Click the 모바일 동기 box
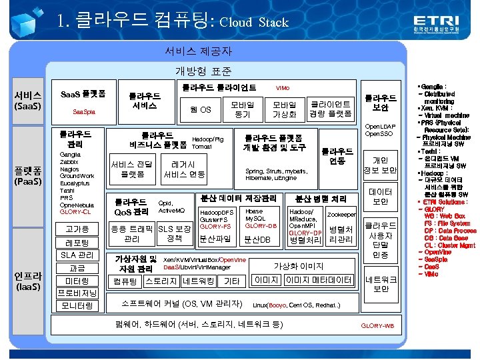(x=242, y=109)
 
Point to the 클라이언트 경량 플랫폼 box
(x=331, y=109)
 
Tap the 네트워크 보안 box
(x=380, y=284)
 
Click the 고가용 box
(x=77, y=229)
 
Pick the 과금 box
(x=77, y=268)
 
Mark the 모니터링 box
(x=77, y=305)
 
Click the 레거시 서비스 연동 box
(x=184, y=169)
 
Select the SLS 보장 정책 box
(x=174, y=234)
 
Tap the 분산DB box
(x=257, y=239)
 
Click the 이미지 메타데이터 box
(x=318, y=280)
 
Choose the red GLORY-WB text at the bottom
(x=377, y=326)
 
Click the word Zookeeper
(x=342, y=215)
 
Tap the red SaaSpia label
(x=83, y=111)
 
